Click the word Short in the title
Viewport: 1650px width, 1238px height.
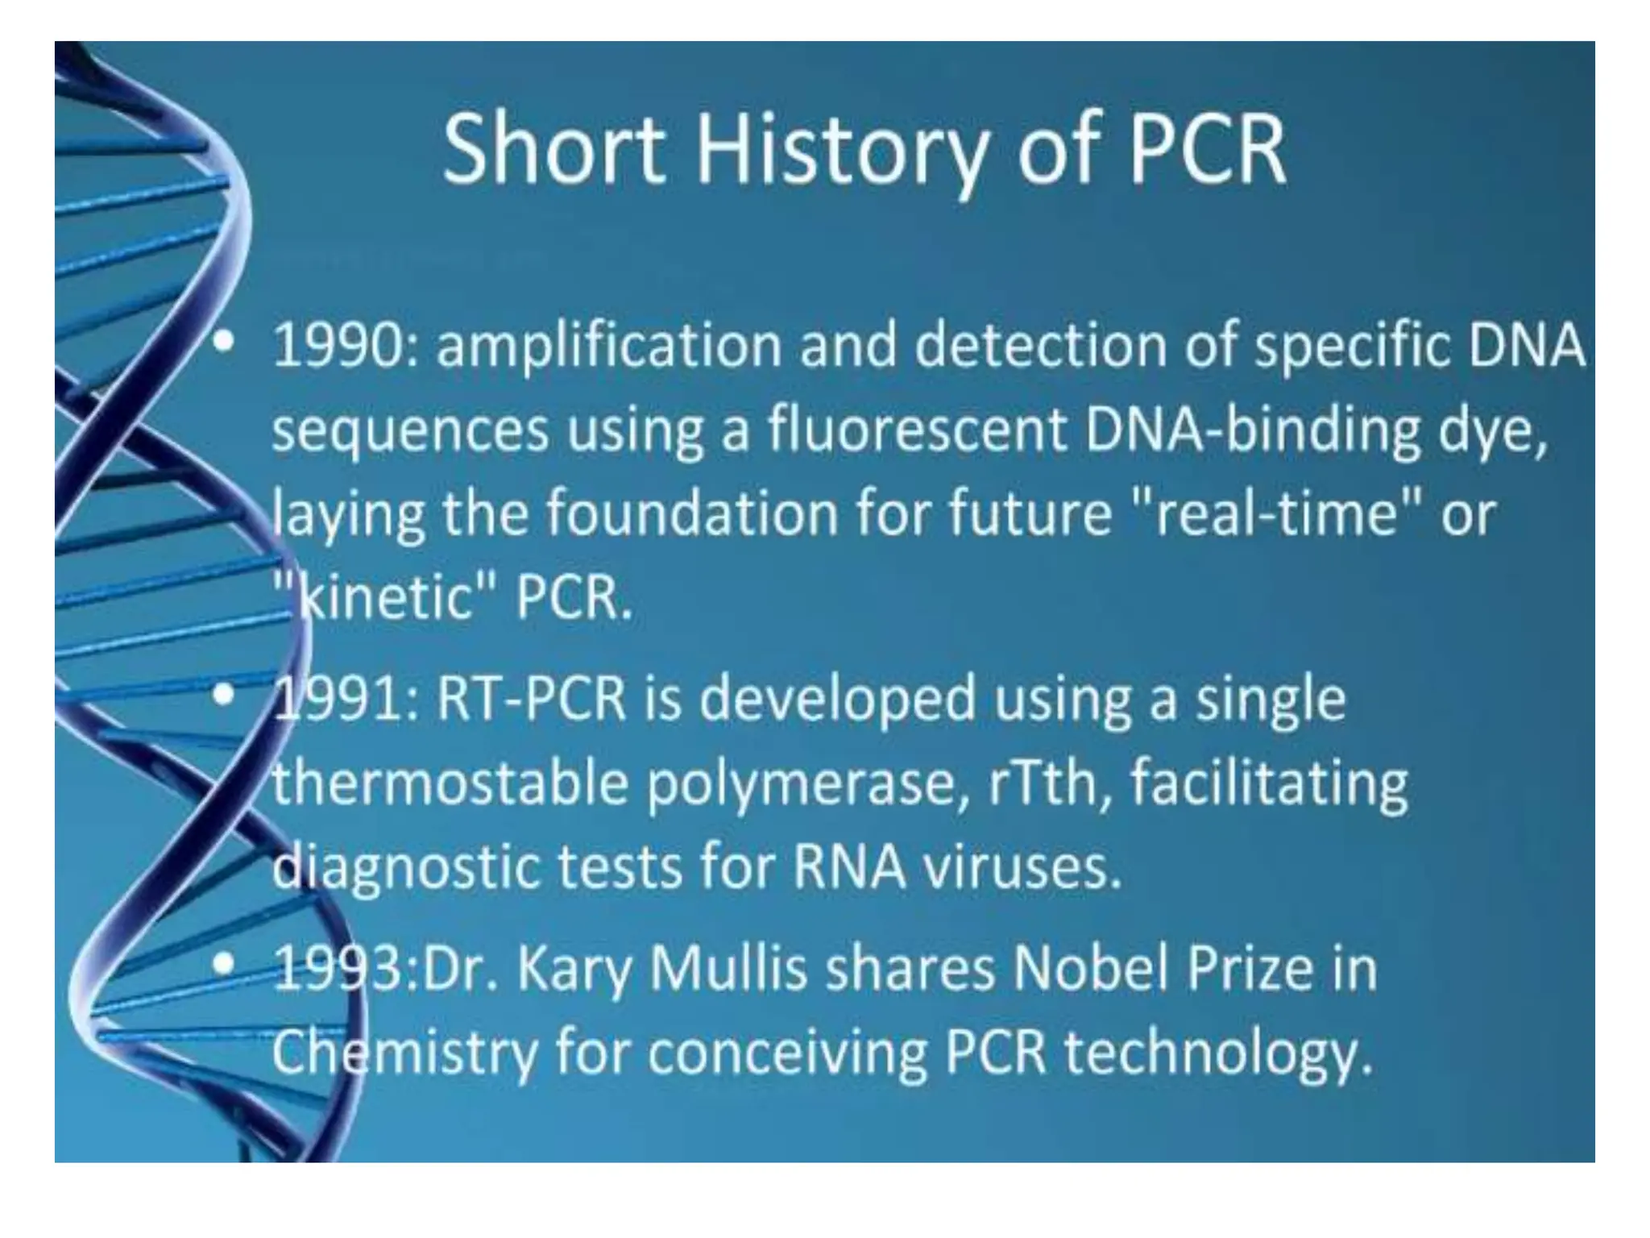tap(554, 150)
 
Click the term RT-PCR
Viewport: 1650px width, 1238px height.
tap(532, 700)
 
